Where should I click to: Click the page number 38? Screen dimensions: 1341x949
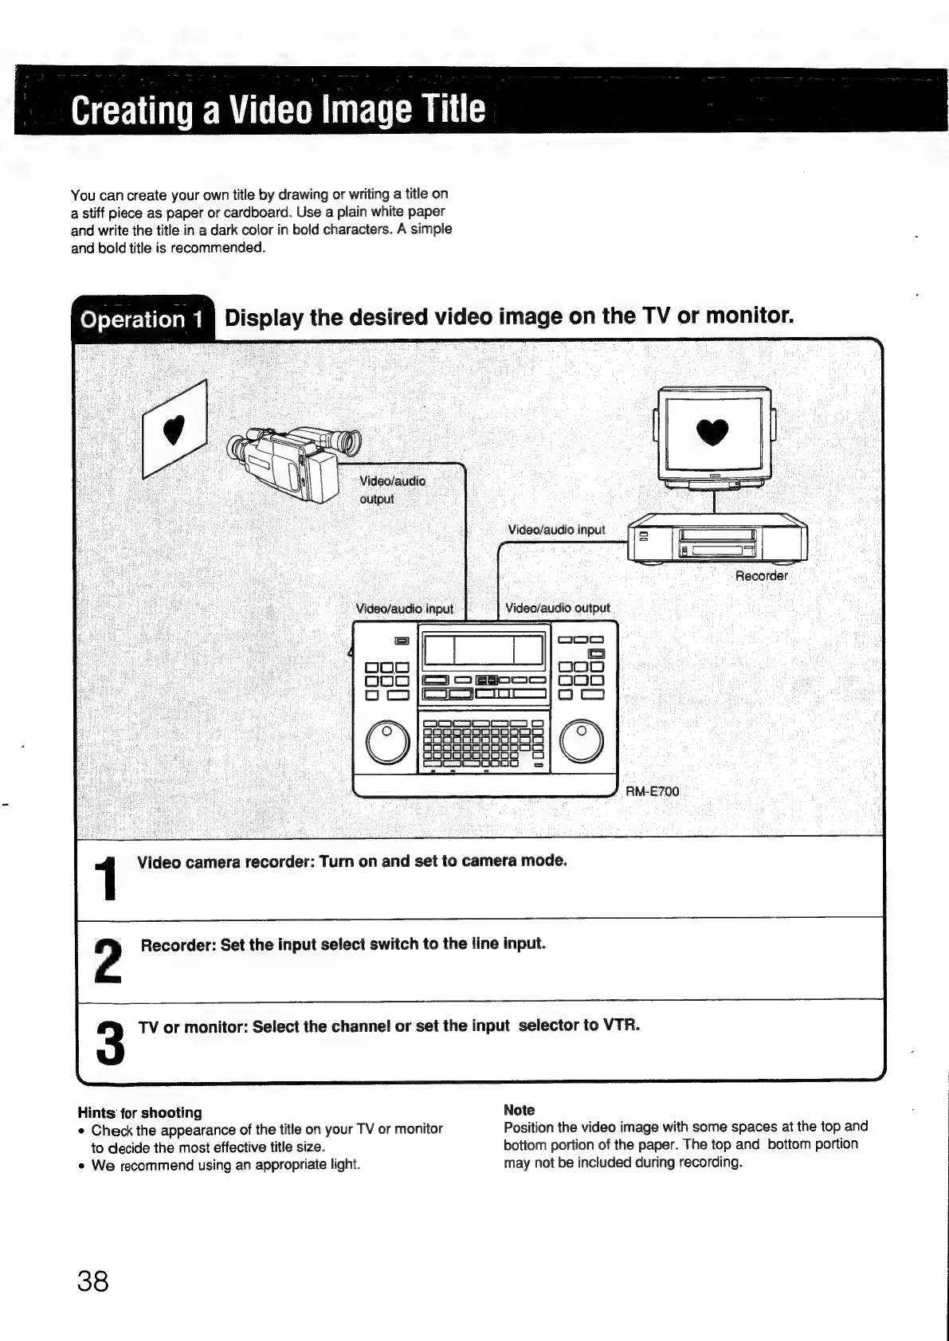click(x=92, y=1281)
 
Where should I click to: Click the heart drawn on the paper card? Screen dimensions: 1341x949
click(x=172, y=430)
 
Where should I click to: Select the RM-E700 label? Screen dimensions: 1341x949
click(x=652, y=791)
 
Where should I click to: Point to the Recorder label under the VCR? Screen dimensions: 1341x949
click(x=761, y=575)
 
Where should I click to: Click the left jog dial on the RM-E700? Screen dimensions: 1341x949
click(x=387, y=743)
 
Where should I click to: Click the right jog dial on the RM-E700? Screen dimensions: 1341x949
click(x=582, y=743)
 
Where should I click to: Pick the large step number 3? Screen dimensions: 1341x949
click(x=110, y=1043)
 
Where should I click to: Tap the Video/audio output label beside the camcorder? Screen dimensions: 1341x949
click(x=392, y=489)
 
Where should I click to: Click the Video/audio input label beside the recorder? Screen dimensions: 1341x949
click(x=556, y=530)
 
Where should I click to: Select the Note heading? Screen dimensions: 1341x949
click(x=519, y=1109)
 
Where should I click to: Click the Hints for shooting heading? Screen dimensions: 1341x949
click(x=139, y=1112)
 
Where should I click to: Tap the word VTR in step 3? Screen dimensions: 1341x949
click(x=622, y=1024)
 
